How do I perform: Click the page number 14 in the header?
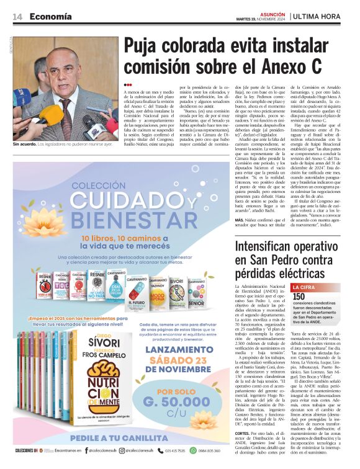click(17, 17)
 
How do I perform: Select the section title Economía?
click(50, 17)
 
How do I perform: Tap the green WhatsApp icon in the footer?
click(192, 451)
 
